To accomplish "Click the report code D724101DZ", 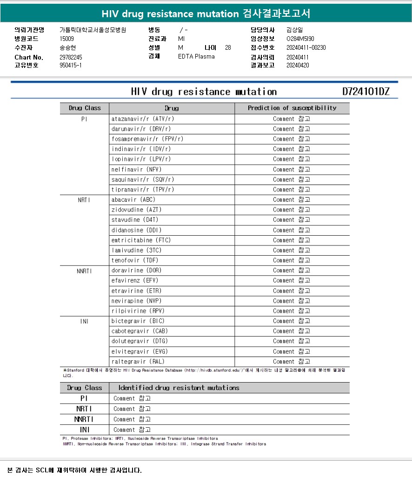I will pyautogui.click(x=365, y=92).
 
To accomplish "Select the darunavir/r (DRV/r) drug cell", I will pyautogui.click(x=141, y=129).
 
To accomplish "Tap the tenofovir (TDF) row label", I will pyautogui.click(x=135, y=260).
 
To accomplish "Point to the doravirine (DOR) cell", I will pyautogui.click(x=136, y=271).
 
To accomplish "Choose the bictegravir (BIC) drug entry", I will pyautogui.click(x=138, y=321).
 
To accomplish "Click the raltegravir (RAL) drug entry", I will pyautogui.click(x=138, y=362).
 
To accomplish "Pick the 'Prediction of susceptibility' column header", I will pyautogui.click(x=292, y=108).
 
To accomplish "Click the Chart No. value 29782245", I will pyautogui.click(x=71, y=57).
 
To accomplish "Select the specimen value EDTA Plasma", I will pyautogui.click(x=196, y=57).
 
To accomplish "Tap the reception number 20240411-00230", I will pyautogui.click(x=306, y=48).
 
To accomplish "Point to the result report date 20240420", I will pyautogui.click(x=298, y=66).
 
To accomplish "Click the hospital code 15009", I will pyautogui.click(x=66, y=39).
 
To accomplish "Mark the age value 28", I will pyautogui.click(x=227, y=48).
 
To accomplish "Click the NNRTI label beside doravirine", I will pyautogui.click(x=84, y=271).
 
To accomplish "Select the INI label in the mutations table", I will pyautogui.click(x=84, y=430).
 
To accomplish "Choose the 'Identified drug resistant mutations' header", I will pyautogui.click(x=179, y=388).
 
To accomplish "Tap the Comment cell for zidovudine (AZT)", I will pyautogui.click(x=292, y=210).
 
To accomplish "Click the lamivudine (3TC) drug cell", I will pyautogui.click(x=136, y=251).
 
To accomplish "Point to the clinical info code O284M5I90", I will pyautogui.click(x=300, y=39).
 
